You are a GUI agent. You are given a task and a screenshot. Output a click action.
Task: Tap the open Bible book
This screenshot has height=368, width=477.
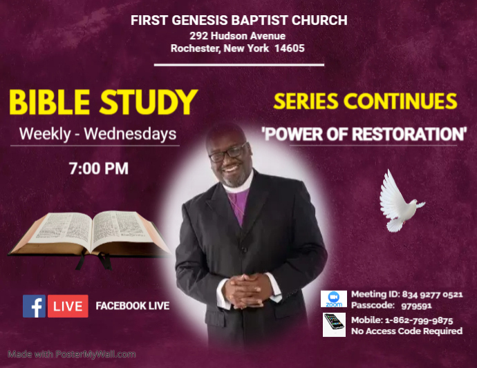[x=90, y=235]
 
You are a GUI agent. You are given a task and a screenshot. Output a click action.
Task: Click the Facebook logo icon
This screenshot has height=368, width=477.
[x=34, y=306]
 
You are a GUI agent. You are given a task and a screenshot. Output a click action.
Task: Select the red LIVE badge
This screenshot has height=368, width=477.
[x=68, y=306]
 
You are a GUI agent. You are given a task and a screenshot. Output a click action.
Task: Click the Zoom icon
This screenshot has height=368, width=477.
[x=335, y=299]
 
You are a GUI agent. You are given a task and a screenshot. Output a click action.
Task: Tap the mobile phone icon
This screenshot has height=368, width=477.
[x=335, y=325]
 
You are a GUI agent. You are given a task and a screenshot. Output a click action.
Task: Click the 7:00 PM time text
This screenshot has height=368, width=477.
[x=97, y=168]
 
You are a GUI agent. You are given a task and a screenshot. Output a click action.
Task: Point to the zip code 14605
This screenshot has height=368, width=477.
[x=289, y=48]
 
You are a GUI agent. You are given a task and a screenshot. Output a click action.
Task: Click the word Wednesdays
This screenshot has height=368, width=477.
[x=130, y=134]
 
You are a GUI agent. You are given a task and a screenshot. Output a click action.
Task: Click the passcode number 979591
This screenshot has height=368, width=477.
[x=416, y=305]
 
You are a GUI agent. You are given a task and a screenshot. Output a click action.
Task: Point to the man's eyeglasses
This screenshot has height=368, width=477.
[x=227, y=153]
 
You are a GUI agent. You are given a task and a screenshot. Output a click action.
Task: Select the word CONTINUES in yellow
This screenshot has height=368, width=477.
[x=403, y=101]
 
